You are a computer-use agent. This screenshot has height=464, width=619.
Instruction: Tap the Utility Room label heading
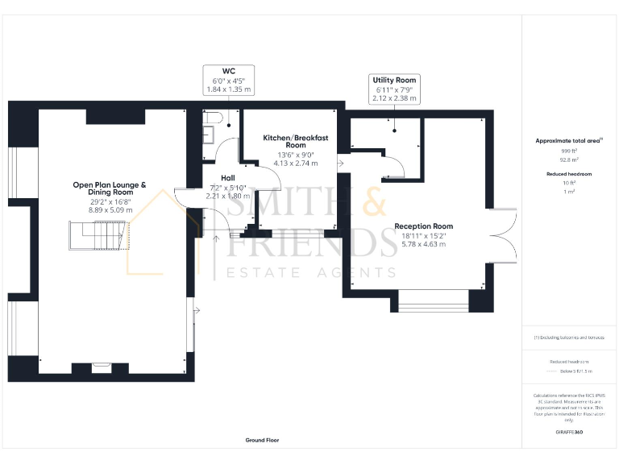coord(394,81)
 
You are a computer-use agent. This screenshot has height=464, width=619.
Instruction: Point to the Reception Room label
coord(423,226)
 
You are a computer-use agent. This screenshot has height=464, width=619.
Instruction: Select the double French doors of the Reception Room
coord(505,235)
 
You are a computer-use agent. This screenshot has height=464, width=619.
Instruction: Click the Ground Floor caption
coord(263,441)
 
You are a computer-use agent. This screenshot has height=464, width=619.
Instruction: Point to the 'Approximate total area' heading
coord(568,141)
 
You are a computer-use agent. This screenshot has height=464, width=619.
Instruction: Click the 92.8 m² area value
coord(568,159)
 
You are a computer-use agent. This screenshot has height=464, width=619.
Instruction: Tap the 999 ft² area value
coord(568,151)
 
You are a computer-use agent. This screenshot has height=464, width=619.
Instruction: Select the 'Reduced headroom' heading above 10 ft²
coord(568,173)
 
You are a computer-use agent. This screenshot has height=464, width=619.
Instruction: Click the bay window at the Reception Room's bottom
coord(434,304)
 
